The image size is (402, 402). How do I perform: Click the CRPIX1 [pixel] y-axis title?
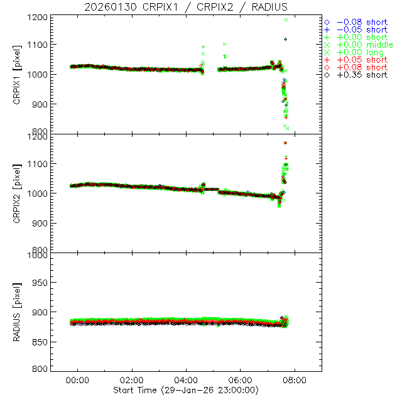click(17, 74)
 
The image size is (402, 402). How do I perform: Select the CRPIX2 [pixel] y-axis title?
click(17, 193)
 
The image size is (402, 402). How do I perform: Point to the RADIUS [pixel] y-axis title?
click(17, 312)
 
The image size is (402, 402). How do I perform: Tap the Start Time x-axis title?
click(187, 391)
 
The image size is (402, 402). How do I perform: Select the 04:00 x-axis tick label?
click(187, 381)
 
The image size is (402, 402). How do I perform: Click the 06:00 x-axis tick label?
click(241, 381)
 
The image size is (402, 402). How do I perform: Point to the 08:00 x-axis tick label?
click(295, 381)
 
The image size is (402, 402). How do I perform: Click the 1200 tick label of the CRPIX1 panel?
click(38, 17)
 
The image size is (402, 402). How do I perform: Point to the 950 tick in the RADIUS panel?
click(41, 283)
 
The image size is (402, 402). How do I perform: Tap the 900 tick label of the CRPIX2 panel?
click(41, 223)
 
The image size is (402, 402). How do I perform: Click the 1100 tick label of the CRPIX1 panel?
click(38, 45)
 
